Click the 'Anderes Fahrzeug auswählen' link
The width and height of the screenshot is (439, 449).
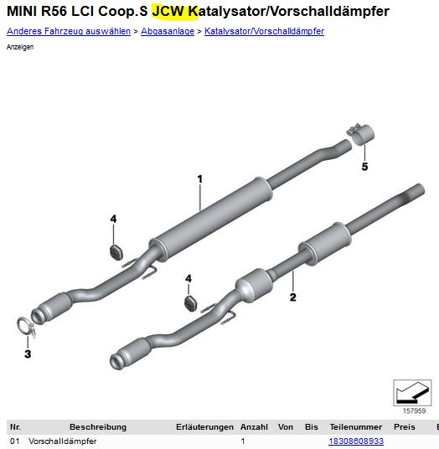tap(69, 31)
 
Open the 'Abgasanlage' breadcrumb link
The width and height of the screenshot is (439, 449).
tap(168, 31)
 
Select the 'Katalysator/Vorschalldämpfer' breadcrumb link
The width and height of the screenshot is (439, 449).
tap(264, 31)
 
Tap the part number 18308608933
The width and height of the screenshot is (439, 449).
tap(356, 441)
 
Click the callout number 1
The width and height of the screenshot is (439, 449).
tap(200, 179)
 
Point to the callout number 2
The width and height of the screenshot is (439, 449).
tap(292, 297)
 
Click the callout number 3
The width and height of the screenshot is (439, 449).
tap(28, 354)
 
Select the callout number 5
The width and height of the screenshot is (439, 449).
tap(364, 167)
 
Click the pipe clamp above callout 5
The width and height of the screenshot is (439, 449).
tap(361, 135)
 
